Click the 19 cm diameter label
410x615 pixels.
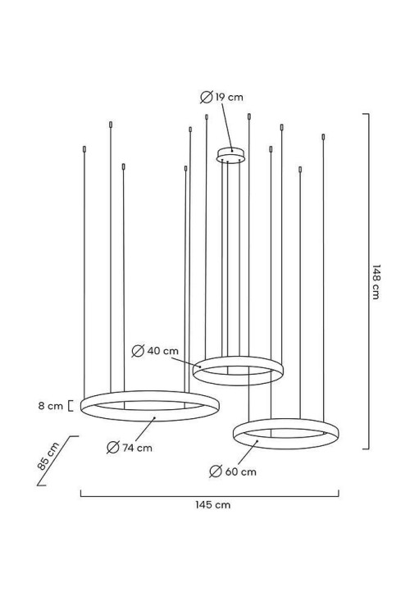(229, 97)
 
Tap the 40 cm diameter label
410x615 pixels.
(163, 351)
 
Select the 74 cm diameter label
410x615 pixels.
(137, 448)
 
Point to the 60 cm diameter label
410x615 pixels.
(240, 471)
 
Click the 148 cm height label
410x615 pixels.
(376, 282)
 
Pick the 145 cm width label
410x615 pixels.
(212, 505)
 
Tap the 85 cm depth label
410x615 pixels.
(48, 456)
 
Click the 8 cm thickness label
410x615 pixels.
(51, 406)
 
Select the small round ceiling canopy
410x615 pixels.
(230, 155)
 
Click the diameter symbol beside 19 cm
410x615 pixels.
(207, 97)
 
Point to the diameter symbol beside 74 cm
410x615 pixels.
(113, 447)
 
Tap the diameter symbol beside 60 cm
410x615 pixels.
(216, 471)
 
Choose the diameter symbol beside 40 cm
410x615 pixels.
(138, 351)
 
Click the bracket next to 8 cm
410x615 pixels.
(71, 406)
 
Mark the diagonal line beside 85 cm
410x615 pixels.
(58, 461)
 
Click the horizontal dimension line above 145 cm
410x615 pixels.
(210, 496)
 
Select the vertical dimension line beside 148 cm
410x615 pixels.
(368, 281)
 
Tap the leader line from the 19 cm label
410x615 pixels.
(227, 126)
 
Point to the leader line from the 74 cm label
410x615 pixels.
(145, 430)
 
